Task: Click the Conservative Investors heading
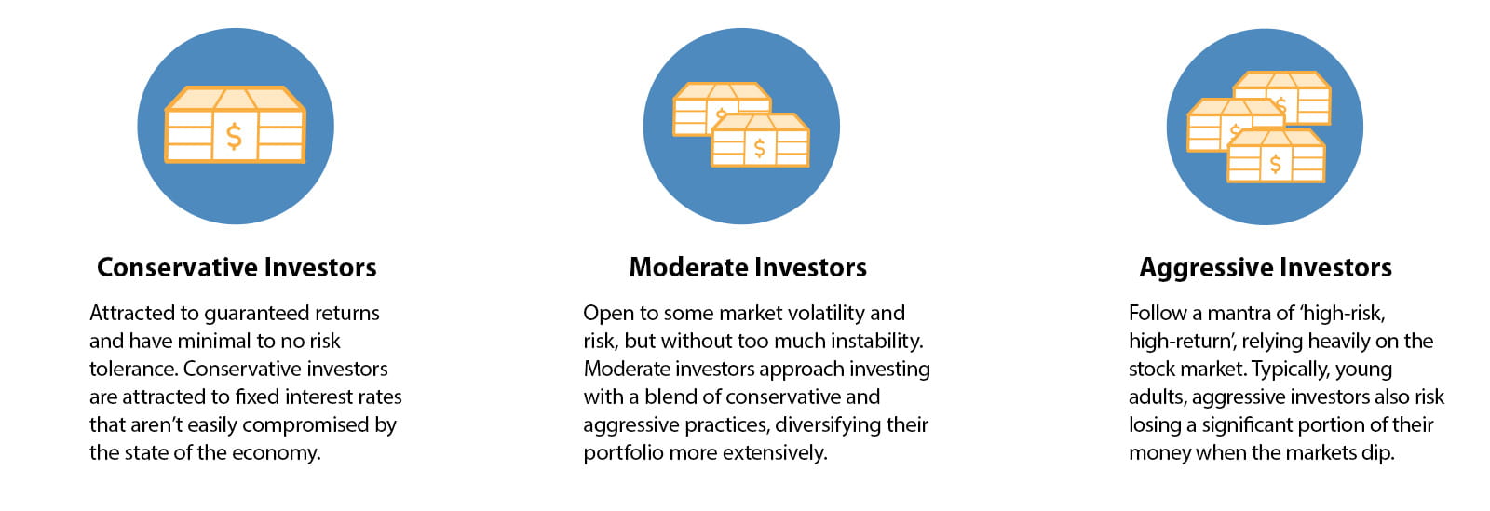click(237, 268)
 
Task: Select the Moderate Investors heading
click(748, 268)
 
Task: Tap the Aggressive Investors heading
click(1265, 268)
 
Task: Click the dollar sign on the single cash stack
click(234, 137)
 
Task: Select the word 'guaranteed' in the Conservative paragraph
click(257, 314)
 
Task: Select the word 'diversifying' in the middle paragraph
click(828, 425)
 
